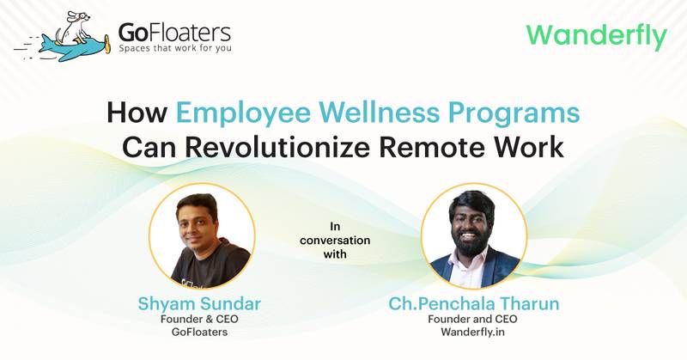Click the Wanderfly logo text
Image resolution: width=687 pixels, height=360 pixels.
[x=595, y=36]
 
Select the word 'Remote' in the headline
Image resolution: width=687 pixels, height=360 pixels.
[x=442, y=146]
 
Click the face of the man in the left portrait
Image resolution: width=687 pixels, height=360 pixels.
[x=200, y=225]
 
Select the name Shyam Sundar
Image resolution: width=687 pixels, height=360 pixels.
[x=201, y=302]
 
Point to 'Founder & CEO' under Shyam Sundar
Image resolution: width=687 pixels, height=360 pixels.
[x=201, y=320]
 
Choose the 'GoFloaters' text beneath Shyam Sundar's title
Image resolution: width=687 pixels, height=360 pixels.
[x=201, y=334]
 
